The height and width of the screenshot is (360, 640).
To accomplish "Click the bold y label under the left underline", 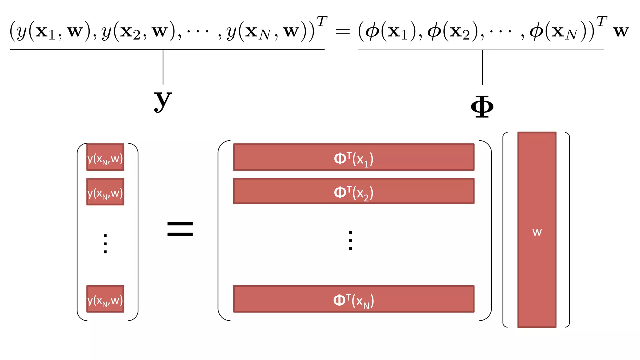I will (x=163, y=101).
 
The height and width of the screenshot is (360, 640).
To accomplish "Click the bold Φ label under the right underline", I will (x=482, y=107).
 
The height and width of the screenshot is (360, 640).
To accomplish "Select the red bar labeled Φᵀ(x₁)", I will (x=354, y=157).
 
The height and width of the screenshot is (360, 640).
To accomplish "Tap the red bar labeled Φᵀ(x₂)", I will (x=354, y=191).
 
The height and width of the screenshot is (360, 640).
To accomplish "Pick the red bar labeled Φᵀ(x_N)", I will (x=354, y=299).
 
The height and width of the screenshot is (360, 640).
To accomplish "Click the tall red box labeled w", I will (x=537, y=230).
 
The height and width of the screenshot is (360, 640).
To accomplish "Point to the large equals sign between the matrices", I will (x=180, y=229).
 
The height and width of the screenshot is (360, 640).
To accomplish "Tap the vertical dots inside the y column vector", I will (x=105, y=243).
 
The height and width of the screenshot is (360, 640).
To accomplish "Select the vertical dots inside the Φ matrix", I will (x=351, y=240).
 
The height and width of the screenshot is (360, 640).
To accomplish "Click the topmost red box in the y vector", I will (x=105, y=157).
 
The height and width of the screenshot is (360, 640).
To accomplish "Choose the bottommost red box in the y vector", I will (x=105, y=299).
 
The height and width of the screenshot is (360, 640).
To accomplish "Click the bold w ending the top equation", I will (x=621, y=31).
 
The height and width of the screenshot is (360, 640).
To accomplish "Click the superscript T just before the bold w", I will (x=602, y=22).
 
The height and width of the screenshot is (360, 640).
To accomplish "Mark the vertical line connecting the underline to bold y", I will (x=163, y=67).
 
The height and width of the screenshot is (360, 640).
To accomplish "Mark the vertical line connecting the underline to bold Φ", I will (x=482, y=67).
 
